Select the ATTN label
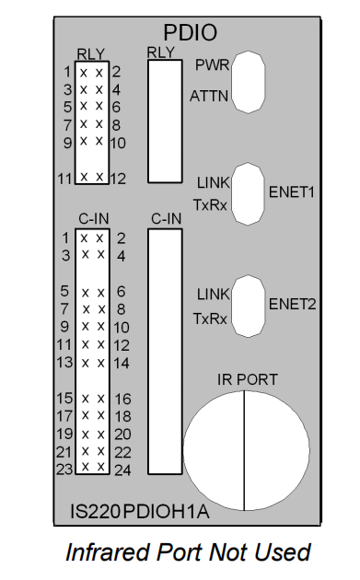point(208,95)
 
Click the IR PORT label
point(247,378)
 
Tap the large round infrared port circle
point(244,450)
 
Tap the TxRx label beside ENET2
point(212,319)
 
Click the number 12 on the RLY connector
point(118,178)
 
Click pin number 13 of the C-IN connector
point(64,362)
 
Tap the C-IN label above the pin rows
point(92,219)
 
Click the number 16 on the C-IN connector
point(122,399)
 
